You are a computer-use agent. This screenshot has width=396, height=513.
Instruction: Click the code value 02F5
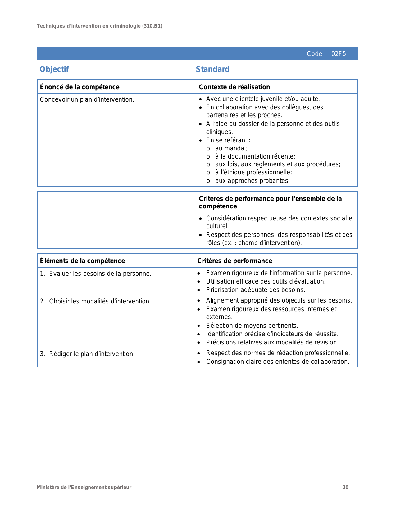click(x=338, y=54)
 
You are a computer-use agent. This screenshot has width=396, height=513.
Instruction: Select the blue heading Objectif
click(x=54, y=69)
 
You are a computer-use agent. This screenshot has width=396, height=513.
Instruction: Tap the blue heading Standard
click(x=212, y=69)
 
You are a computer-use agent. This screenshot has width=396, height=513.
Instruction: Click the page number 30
click(x=345, y=487)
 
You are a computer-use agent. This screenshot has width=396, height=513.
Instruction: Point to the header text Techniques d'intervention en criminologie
click(x=99, y=26)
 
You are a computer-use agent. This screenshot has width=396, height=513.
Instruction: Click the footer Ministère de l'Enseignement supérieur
click(x=84, y=487)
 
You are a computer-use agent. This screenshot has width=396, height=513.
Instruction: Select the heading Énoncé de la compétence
click(x=80, y=87)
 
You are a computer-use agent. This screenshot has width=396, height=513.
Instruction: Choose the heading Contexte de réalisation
click(x=234, y=87)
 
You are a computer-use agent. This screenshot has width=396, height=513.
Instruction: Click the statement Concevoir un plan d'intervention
click(x=87, y=99)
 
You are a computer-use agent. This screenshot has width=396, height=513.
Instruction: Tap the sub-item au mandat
click(x=231, y=148)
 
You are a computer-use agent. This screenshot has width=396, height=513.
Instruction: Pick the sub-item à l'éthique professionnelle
click(x=253, y=172)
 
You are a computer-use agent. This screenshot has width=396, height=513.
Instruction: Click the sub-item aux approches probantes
click(x=252, y=181)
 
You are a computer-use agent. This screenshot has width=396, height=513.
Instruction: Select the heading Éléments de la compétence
click(x=82, y=261)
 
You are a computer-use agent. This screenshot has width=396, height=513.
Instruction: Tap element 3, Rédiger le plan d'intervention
click(x=92, y=354)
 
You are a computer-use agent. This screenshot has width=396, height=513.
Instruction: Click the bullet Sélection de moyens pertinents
click(x=252, y=326)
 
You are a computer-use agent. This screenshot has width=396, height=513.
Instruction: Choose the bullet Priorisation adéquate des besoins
click(x=256, y=290)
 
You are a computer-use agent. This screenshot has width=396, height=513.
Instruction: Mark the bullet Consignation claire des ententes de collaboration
click(x=278, y=362)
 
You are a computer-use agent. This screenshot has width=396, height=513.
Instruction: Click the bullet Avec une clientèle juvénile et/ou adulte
click(x=263, y=99)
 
